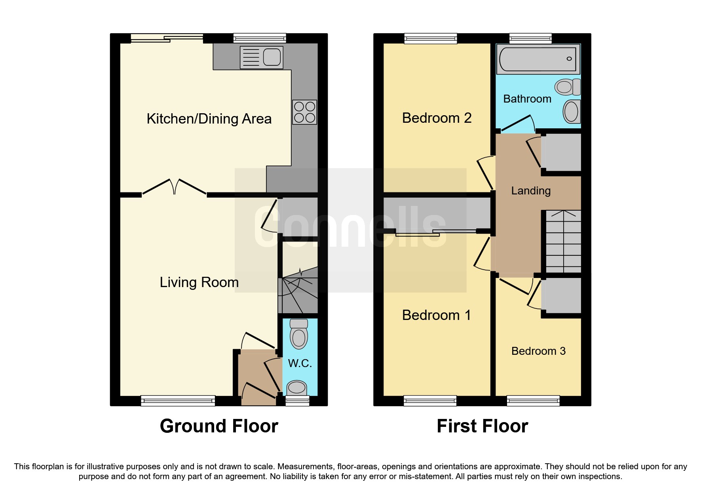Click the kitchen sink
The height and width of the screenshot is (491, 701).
tap(262, 57)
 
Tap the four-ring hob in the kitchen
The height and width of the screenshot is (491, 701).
tap(304, 112)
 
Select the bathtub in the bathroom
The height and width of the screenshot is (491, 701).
tap(538, 59)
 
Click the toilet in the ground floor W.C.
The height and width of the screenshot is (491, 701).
tap(299, 334)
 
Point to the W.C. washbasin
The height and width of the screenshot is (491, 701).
tap(296, 388)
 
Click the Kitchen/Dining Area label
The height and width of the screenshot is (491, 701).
tap(209, 119)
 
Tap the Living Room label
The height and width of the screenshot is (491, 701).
tap(199, 282)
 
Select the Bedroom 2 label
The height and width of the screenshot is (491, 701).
tap(437, 118)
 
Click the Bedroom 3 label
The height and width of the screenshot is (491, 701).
tap(538, 351)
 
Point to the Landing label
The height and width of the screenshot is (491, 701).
tap(531, 191)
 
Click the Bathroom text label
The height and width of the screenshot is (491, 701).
tap(527, 99)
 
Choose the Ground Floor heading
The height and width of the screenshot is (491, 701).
tap(219, 426)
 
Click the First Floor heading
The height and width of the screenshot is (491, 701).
tap(482, 426)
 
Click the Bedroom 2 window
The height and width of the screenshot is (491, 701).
tap(431, 38)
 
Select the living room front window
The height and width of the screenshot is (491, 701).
tap(178, 401)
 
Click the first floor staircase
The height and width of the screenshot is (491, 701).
tap(564, 241)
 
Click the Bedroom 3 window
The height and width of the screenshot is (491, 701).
tap(533, 401)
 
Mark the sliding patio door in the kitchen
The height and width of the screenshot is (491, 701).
tap(167, 38)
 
